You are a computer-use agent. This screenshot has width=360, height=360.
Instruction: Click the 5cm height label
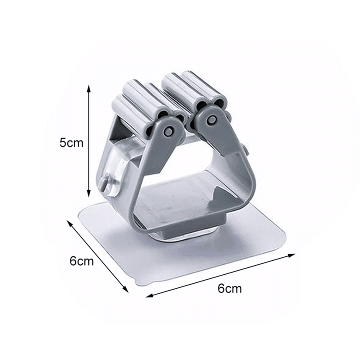point(71,142)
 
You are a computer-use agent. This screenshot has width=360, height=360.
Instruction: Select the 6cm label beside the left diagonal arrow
point(81,261)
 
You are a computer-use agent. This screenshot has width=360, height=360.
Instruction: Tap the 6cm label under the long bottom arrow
point(229,288)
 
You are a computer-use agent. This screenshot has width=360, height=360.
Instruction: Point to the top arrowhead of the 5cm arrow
point(89,88)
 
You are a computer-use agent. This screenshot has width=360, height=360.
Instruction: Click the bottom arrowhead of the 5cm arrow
point(89,193)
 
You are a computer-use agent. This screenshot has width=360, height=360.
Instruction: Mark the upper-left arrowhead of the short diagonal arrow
point(69,222)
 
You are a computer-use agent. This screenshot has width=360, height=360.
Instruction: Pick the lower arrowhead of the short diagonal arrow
point(125,289)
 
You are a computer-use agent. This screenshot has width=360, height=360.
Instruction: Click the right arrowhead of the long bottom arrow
point(291,255)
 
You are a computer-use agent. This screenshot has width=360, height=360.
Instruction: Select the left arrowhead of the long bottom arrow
point(149,295)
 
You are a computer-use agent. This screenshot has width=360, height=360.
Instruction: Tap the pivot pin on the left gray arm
point(169,131)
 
